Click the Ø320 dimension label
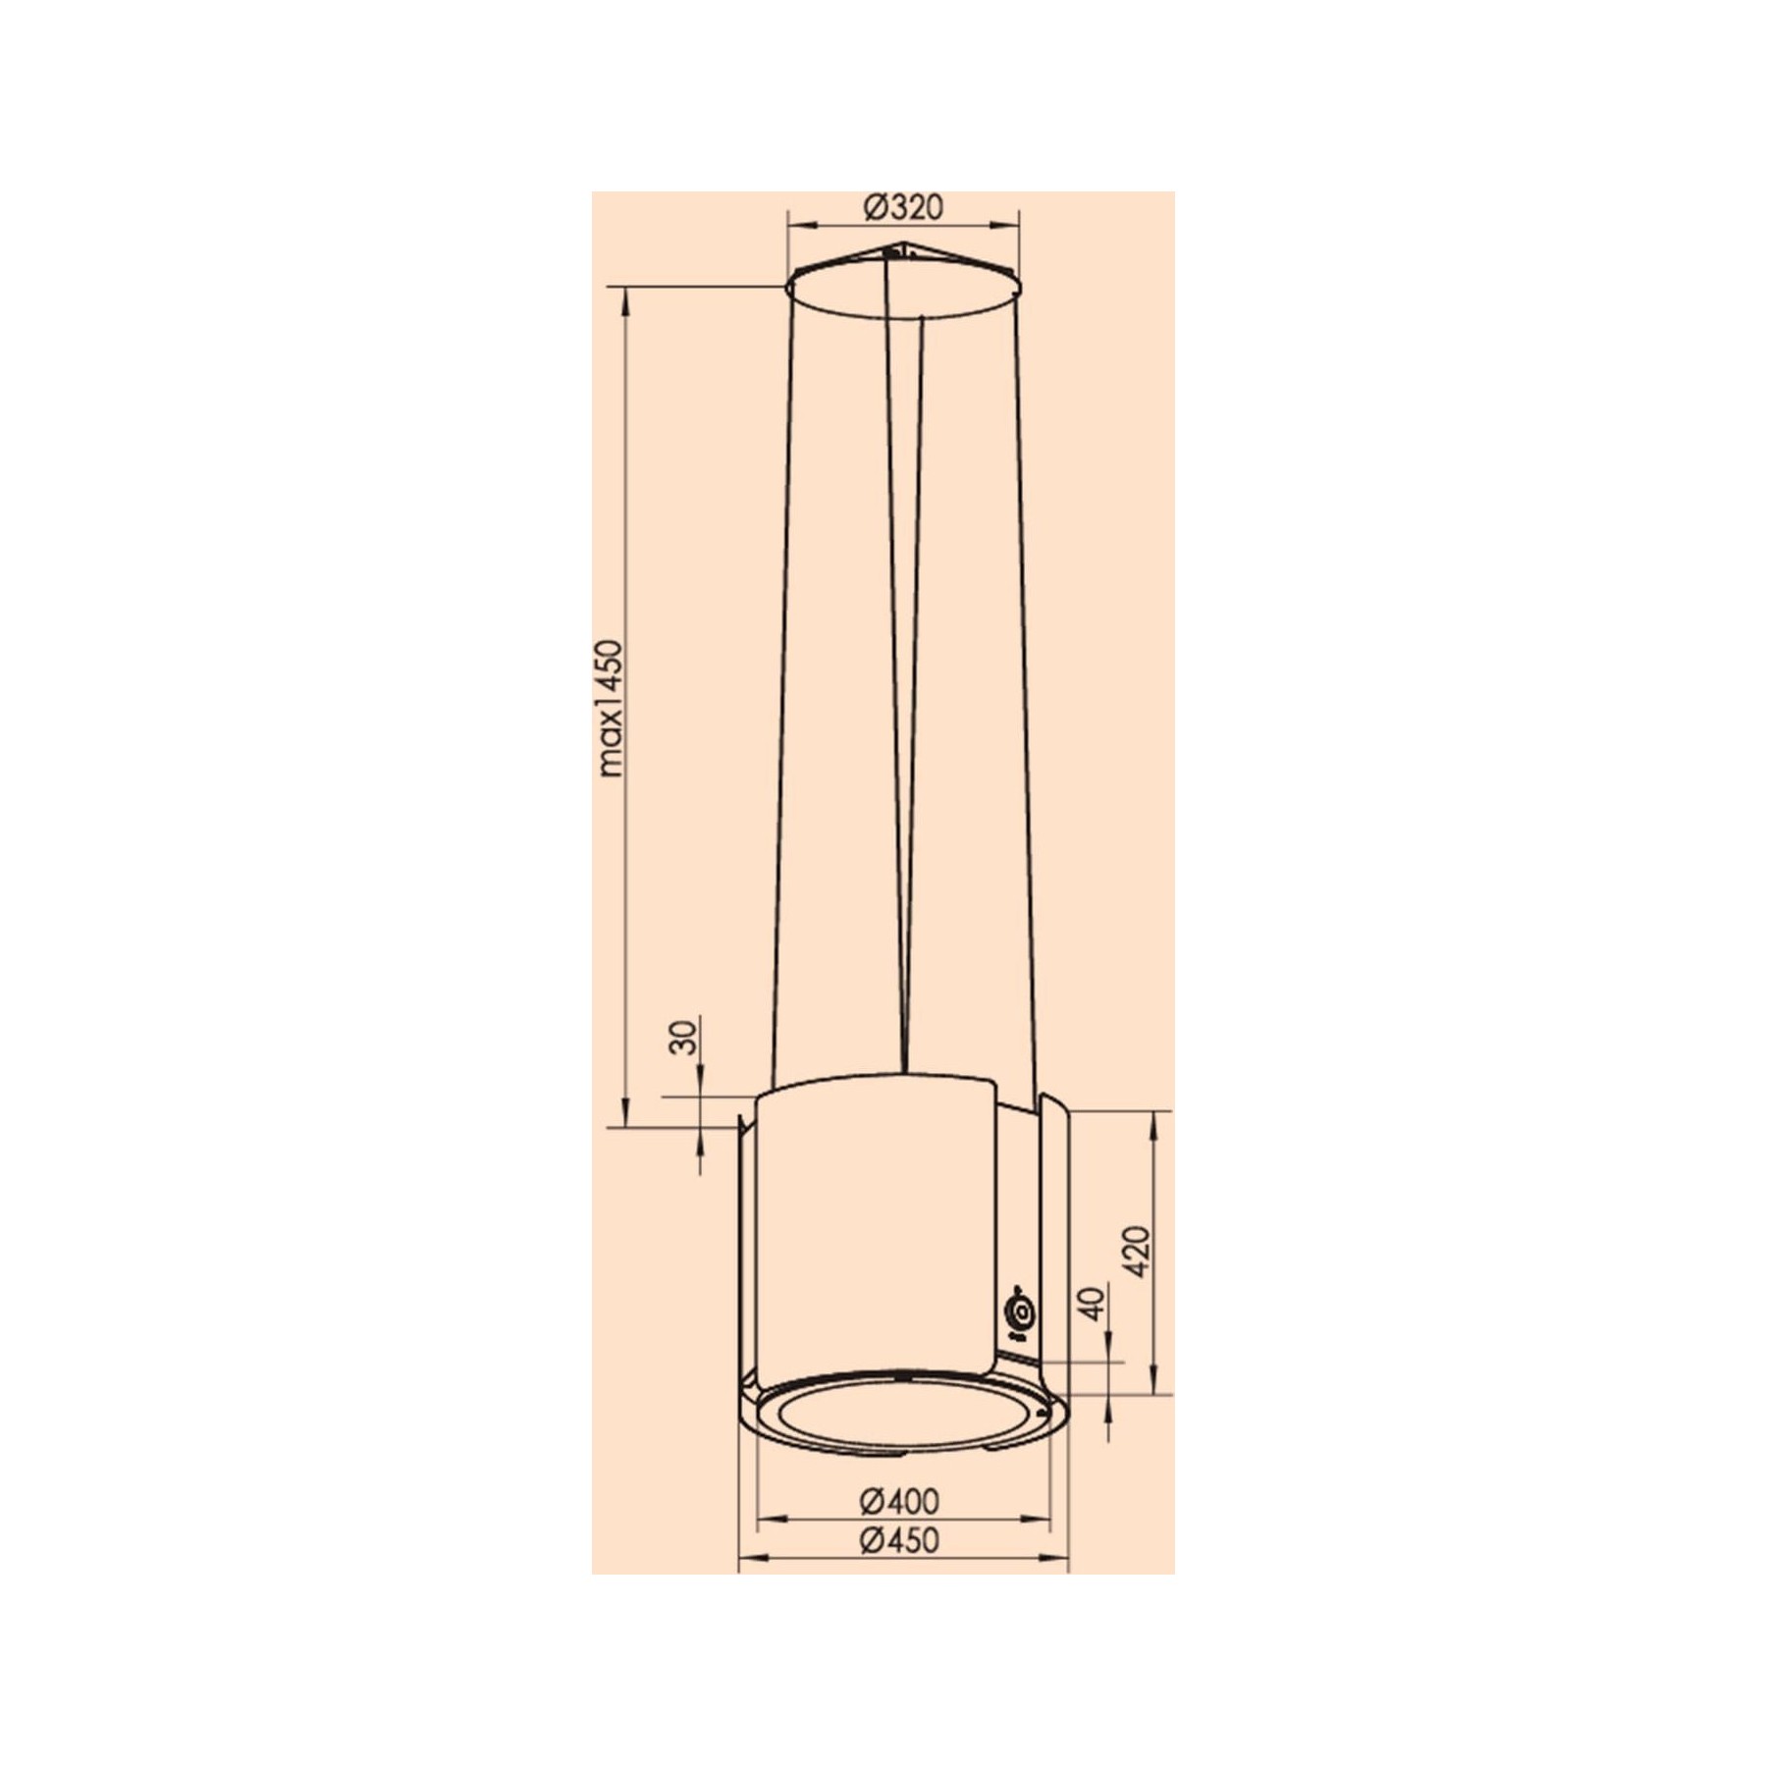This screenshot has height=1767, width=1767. pos(903,207)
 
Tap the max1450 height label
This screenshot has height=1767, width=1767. pos(611,708)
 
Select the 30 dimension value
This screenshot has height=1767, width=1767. pos(685,1038)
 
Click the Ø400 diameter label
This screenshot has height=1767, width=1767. pos(899,1501)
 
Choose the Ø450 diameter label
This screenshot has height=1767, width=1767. pos(899,1540)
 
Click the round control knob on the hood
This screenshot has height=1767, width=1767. pos(1022,1312)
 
